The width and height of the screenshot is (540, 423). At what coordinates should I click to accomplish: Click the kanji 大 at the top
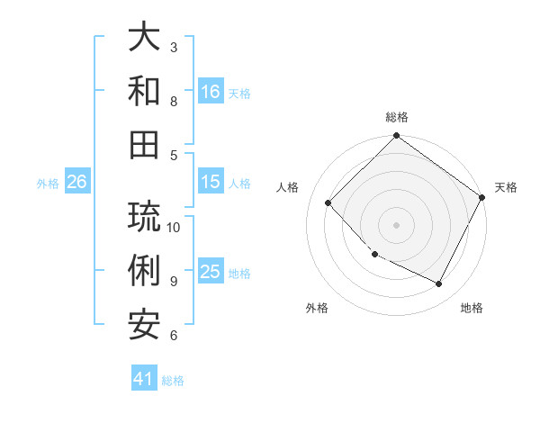pyautogui.click(x=144, y=39)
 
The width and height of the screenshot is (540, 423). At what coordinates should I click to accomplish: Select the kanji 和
pyautogui.click(x=144, y=91)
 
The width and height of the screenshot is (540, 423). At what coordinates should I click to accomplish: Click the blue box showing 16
pyautogui.click(x=210, y=91)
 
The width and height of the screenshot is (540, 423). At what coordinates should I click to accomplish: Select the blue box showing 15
pyautogui.click(x=210, y=182)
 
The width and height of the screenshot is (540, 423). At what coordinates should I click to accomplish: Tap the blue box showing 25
pyautogui.click(x=210, y=272)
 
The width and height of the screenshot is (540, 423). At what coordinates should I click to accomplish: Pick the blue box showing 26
pyautogui.click(x=76, y=182)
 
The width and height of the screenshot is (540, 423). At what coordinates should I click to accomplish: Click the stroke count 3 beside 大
pyautogui.click(x=174, y=47)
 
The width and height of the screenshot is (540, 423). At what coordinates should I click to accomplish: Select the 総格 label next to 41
pyautogui.click(x=173, y=381)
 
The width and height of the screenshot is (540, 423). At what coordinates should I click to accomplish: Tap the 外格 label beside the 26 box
pyautogui.click(x=48, y=184)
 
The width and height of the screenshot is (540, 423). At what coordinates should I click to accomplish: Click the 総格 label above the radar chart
pyautogui.click(x=397, y=117)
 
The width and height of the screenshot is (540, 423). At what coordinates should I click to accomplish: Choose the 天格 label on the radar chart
pyautogui.click(x=507, y=187)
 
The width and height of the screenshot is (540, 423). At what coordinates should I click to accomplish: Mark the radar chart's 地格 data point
pyautogui.click(x=439, y=284)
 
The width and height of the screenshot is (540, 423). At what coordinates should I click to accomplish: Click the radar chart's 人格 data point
pyautogui.click(x=328, y=202)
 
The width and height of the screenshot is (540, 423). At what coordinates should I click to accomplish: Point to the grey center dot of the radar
pyautogui.click(x=396, y=224)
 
